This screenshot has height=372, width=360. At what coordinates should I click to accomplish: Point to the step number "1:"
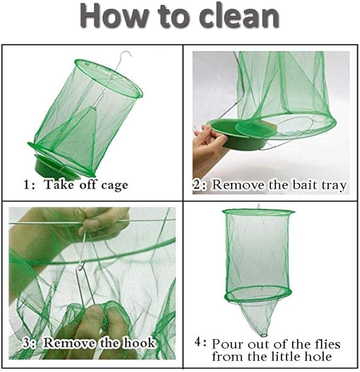[29, 184]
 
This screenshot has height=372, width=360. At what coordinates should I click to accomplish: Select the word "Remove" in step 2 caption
[238, 185]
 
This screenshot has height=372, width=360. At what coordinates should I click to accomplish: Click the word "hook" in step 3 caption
[139, 342]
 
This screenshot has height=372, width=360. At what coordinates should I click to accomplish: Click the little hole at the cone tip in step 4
[264, 335]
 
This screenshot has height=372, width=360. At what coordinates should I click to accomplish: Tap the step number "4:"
[200, 342]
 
